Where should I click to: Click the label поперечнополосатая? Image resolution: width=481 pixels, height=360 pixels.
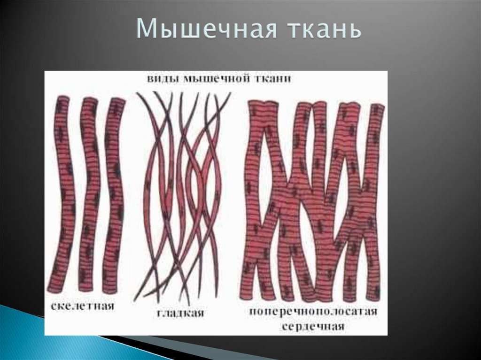(313, 312)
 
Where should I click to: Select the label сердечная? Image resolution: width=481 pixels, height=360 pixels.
(314, 326)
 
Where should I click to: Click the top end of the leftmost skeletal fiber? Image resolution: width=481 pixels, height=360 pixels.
(62, 100)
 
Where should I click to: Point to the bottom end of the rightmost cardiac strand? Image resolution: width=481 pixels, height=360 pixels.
(373, 296)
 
